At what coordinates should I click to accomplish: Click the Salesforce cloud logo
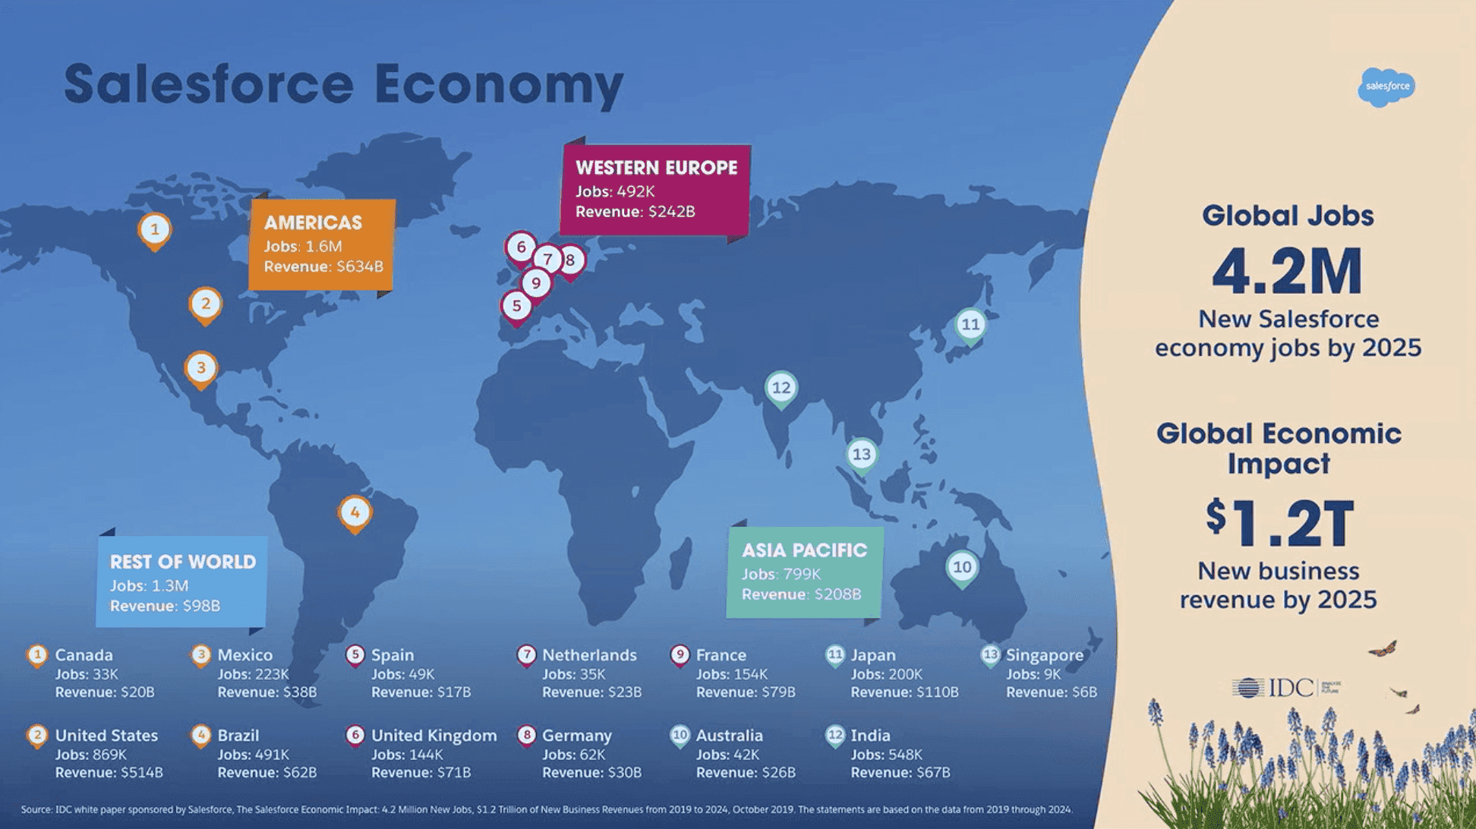pos(1386,87)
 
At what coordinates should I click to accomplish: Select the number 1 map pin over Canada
pos(155,230)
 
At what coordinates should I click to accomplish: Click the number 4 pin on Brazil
pos(355,513)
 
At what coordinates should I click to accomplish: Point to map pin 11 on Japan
pos(970,326)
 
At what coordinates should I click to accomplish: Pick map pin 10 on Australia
pos(962,568)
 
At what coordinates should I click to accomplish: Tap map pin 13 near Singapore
pos(862,455)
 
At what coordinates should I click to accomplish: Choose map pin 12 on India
pos(781,389)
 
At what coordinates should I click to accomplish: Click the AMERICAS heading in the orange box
pos(313,223)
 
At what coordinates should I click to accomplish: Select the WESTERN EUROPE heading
pos(656,168)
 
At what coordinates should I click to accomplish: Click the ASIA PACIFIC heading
pos(804,550)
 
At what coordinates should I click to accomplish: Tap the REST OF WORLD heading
pos(183,562)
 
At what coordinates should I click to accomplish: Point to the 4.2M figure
pos(1288,272)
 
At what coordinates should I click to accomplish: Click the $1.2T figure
pos(1280,524)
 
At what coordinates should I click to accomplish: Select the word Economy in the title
pos(498,84)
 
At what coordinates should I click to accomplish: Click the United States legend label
pos(106,736)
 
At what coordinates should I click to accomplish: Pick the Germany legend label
pos(576,736)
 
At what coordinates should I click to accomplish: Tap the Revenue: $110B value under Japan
pos(904,692)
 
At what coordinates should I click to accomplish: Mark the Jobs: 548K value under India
pos(886,755)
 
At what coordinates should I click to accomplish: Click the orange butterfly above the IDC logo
pos(1383,649)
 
